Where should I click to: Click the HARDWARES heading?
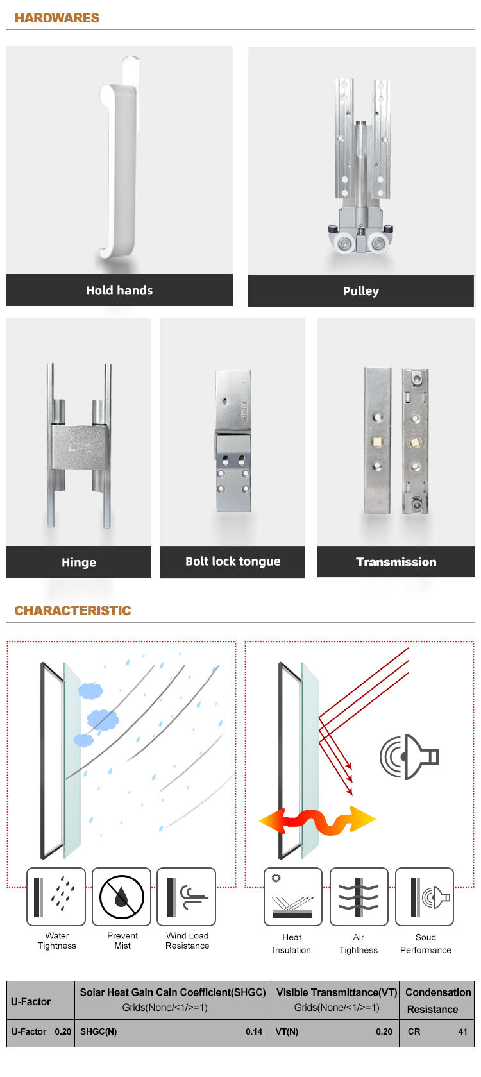tap(56, 18)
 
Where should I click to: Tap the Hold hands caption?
tap(119, 291)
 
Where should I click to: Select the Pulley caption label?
tap(361, 291)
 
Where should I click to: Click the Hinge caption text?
tap(79, 563)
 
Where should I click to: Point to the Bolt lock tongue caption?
tap(233, 561)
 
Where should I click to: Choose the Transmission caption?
tap(396, 562)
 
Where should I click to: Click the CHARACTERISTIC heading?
tap(72, 611)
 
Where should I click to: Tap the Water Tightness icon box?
tap(56, 897)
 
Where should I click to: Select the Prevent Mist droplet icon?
tap(122, 897)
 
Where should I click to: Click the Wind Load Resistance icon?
tap(187, 897)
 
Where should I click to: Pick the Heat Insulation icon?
tap(293, 897)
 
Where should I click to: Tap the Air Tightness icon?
tap(359, 897)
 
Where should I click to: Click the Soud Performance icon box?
tap(425, 897)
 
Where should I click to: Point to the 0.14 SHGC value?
tap(254, 1032)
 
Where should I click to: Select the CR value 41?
tap(463, 1032)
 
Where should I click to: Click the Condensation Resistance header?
tap(438, 1001)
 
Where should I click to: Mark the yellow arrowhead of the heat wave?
tap(363, 818)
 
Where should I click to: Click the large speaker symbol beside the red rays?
tap(409, 756)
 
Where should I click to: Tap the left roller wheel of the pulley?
tap(344, 244)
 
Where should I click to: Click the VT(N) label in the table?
tap(287, 1032)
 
